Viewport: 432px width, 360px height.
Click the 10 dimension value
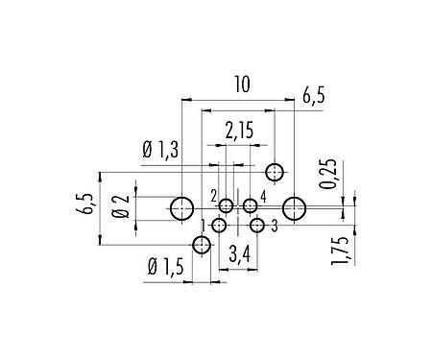point(241,86)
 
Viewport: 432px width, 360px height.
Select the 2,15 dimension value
point(240,129)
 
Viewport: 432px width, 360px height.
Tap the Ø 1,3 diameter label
point(159,152)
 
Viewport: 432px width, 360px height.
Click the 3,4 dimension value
point(240,255)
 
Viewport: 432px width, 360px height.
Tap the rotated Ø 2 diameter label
point(120,206)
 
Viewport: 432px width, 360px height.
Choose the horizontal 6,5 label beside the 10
point(313,96)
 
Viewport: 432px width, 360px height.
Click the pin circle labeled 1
point(220,226)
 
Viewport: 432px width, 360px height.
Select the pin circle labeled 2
point(227,205)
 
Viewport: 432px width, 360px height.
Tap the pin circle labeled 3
point(257,226)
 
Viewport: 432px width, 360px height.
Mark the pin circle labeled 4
point(251,205)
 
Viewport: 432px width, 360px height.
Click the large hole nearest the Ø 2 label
point(181,207)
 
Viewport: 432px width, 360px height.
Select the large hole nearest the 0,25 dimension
point(295,207)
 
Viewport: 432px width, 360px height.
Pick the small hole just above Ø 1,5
point(201,246)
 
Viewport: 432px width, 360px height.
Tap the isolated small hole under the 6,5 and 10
point(276,173)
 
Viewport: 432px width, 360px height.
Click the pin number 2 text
point(213,195)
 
